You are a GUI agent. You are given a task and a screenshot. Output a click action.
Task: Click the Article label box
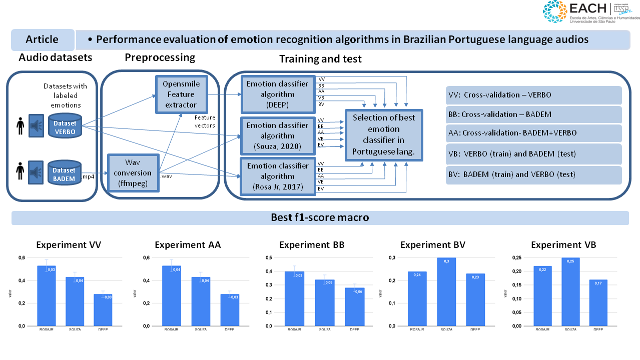click(43, 39)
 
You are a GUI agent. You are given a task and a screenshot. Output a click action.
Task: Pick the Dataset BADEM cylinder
click(64, 173)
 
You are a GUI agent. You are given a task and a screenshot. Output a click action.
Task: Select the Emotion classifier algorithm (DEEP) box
click(278, 94)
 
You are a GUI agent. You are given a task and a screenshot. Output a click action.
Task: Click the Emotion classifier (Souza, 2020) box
click(278, 135)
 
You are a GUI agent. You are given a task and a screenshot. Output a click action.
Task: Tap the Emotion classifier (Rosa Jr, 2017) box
click(278, 176)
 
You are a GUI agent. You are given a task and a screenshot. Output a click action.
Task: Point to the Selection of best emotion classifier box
click(384, 135)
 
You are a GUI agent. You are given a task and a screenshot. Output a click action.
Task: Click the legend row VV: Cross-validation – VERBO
click(533, 95)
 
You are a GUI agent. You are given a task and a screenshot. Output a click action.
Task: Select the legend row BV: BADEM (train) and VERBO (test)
click(533, 175)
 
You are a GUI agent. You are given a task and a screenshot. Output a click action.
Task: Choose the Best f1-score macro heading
click(320, 218)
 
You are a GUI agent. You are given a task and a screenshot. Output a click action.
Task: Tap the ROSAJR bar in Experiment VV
click(47, 295)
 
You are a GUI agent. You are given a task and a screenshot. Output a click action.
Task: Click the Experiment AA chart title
click(188, 245)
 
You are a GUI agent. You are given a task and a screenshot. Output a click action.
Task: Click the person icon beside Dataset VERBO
click(20, 125)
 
